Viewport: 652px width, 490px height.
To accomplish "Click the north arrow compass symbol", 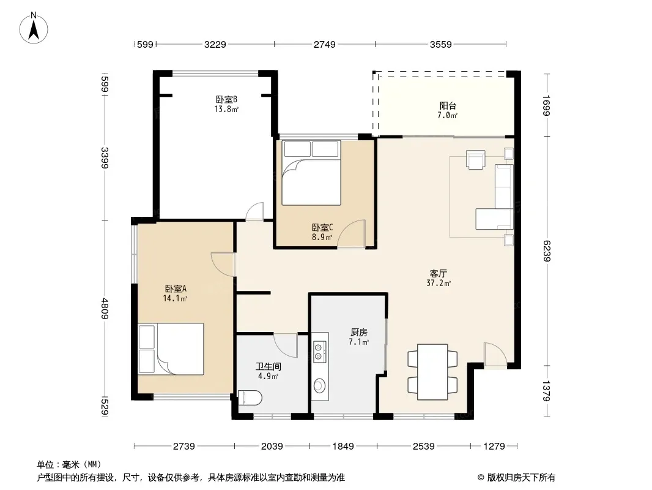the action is click(34, 28).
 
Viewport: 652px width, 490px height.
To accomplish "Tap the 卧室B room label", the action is click(226, 99).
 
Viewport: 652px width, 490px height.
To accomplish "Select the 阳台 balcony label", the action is click(448, 106).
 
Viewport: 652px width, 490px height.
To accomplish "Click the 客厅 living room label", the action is click(439, 274).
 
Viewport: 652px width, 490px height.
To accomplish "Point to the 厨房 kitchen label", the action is click(358, 332).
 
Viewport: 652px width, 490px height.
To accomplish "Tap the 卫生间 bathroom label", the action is click(269, 366).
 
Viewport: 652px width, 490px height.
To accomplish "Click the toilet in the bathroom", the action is click(250, 398).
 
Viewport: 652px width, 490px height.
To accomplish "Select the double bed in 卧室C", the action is click(311, 173).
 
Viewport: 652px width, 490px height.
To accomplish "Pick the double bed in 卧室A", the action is click(171, 349).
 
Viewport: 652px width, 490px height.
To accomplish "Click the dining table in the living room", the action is click(432, 372).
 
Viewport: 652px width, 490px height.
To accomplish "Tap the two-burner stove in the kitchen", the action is click(319, 350).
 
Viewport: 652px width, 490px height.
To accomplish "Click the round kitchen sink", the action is click(319, 385).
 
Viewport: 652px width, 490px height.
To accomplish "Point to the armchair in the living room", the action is click(476, 159).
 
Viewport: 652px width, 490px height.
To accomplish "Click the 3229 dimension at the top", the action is click(215, 44).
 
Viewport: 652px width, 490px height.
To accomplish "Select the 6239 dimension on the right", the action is click(547, 251).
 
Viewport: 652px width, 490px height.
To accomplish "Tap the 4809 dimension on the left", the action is click(105, 309).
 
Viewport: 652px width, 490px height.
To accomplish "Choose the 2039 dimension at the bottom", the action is click(272, 447).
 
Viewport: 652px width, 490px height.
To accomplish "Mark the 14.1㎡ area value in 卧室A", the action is click(175, 298).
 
